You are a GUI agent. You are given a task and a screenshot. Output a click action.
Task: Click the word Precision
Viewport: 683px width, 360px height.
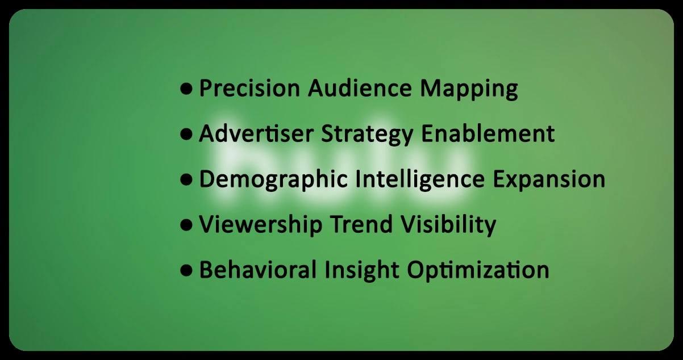(x=249, y=89)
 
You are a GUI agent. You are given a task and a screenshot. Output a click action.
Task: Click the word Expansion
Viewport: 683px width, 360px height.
(x=549, y=180)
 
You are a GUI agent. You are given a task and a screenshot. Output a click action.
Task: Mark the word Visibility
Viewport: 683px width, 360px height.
(x=449, y=225)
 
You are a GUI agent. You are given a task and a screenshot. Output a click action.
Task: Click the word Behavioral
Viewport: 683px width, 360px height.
(x=259, y=270)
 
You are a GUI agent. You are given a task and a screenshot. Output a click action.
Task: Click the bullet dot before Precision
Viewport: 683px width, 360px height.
(x=186, y=89)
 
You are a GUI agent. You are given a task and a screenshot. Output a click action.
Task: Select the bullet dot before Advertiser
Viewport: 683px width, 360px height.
(x=186, y=135)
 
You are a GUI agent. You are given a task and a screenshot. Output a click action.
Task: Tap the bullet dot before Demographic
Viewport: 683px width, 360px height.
(x=186, y=180)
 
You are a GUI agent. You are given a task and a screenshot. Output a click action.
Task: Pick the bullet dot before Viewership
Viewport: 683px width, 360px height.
(x=186, y=225)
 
